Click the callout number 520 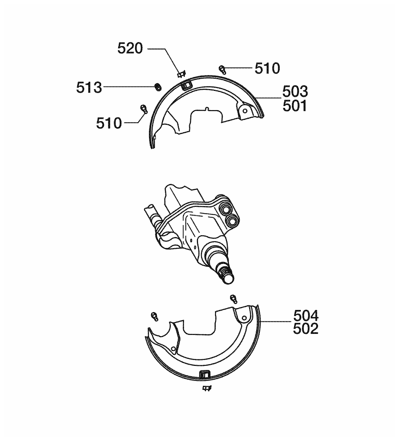[130, 48]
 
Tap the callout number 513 [89, 88]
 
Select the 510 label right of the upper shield [267, 68]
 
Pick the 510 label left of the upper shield [109, 123]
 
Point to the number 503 [295, 91]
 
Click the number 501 [295, 106]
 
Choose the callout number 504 [306, 316]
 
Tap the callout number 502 [306, 328]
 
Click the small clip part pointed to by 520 [181, 74]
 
